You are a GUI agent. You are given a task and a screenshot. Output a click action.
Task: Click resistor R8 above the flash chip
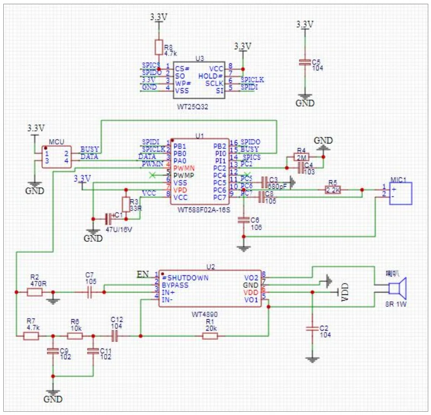tap(158, 47)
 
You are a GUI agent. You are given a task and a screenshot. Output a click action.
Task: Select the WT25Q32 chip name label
tap(192, 107)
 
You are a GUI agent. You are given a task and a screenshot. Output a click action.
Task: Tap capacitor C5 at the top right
tap(305, 63)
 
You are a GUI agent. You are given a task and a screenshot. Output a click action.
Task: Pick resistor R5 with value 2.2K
tap(332, 189)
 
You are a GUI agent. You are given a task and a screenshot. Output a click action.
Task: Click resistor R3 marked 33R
tap(126, 204)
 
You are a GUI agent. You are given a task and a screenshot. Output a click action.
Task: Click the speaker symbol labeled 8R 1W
tap(399, 288)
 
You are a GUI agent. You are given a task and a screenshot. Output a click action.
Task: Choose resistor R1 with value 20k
tap(210, 336)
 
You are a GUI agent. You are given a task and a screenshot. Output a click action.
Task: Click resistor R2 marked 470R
tap(35, 292)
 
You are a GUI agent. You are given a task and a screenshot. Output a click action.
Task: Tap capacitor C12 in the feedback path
tap(115, 336)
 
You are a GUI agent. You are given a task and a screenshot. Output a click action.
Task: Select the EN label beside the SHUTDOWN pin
tap(142, 272)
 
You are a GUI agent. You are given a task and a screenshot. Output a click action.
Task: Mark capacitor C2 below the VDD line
tap(311, 329)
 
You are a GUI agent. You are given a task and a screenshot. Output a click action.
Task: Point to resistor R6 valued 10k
tap(75, 336)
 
